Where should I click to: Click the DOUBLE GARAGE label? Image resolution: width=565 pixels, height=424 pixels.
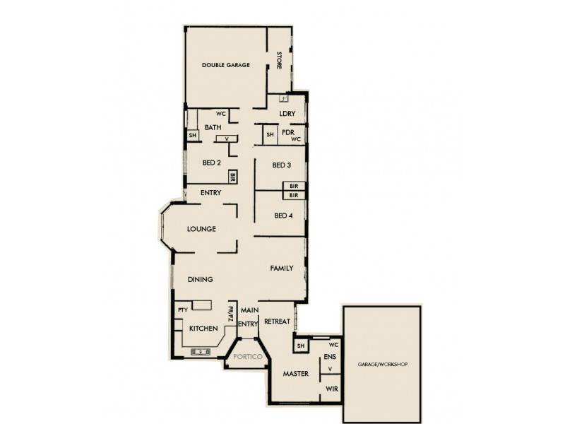[226, 65]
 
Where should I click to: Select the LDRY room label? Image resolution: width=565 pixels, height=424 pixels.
[287, 114]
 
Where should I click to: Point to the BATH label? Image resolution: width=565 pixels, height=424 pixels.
[213, 127]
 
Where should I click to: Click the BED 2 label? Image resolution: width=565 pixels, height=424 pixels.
[212, 163]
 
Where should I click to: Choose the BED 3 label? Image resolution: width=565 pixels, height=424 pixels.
[282, 165]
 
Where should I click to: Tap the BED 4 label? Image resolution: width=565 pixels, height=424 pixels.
[283, 216]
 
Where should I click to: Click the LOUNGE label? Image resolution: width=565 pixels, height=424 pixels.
[201, 229]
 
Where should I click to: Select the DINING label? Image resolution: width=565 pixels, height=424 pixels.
[201, 280]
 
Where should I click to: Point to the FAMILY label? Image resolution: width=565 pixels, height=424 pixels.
[282, 269]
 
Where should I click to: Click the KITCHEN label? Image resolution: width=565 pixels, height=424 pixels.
[203, 329]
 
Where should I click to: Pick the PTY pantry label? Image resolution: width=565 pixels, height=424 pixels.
[182, 310]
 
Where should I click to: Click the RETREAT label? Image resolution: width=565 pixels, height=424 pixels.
[278, 322]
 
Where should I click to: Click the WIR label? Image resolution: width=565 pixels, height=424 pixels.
[330, 389]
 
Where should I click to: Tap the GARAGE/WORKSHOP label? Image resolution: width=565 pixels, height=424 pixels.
[382, 364]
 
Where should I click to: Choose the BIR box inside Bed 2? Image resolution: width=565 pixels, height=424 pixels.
[232, 177]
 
